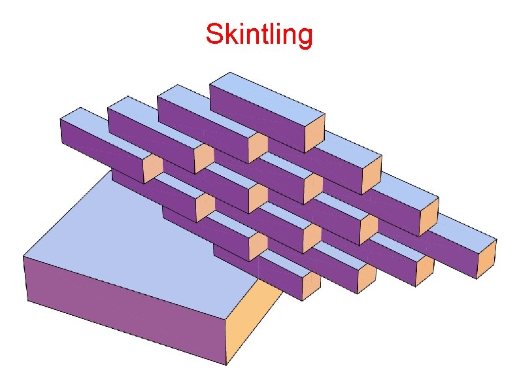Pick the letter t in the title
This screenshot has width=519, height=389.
click(261, 35)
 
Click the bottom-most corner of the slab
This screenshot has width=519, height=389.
click(227, 365)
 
